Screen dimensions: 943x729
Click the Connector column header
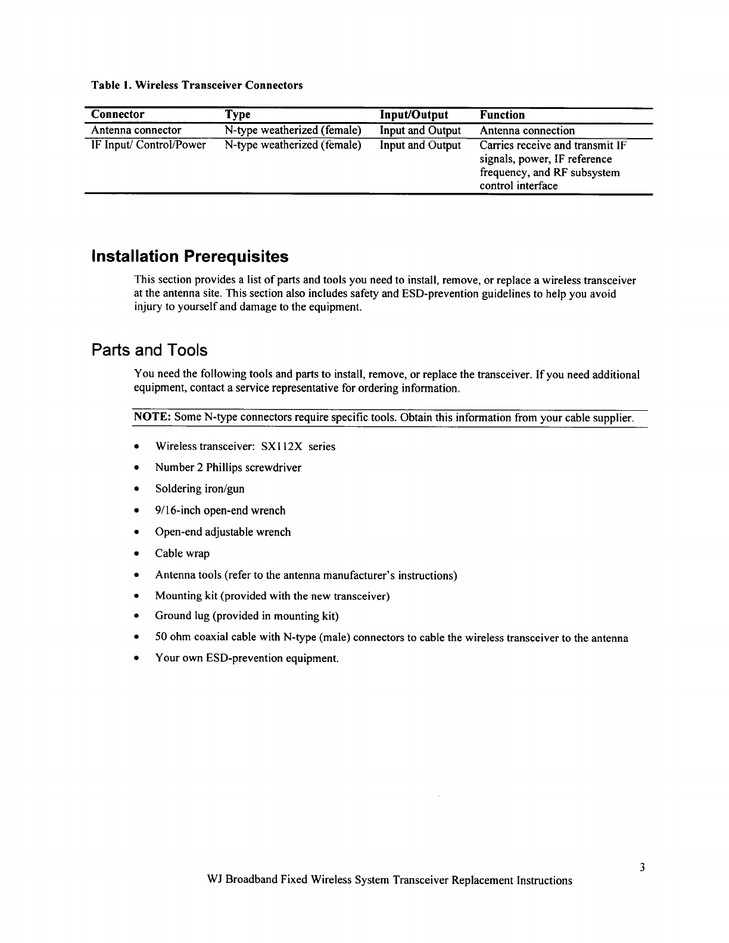click(x=117, y=114)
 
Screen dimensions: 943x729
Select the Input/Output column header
click(x=414, y=115)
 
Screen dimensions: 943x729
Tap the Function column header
click(x=502, y=115)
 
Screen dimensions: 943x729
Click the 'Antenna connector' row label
click(x=136, y=130)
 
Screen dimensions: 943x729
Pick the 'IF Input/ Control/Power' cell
click(x=148, y=145)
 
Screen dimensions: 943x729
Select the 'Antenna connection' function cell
click(x=527, y=130)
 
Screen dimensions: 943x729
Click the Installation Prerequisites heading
click(x=189, y=257)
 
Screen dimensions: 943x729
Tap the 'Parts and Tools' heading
click(x=149, y=350)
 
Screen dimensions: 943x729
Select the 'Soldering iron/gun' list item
click(x=200, y=489)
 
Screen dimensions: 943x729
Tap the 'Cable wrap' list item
click(x=182, y=554)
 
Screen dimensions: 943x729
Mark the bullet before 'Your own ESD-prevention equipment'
click(x=137, y=659)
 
